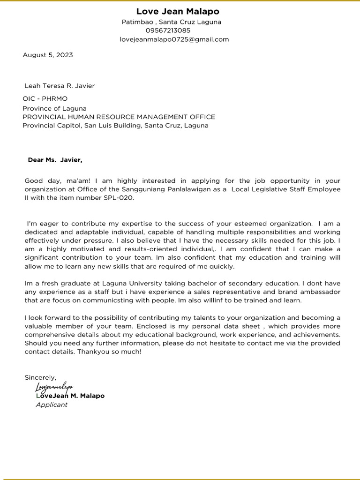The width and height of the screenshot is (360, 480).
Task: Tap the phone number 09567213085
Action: coord(168,30)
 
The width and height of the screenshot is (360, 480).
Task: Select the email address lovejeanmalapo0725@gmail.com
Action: coord(174,39)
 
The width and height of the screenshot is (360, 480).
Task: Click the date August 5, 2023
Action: coord(48,55)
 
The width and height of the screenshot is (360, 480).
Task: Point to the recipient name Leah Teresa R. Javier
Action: coord(60,86)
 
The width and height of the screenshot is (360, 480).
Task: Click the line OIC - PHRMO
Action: coord(45,99)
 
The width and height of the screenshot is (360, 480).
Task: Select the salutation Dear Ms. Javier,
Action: coord(55,160)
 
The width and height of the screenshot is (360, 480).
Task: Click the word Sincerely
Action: coord(40,377)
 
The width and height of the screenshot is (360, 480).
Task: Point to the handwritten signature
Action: coord(54,387)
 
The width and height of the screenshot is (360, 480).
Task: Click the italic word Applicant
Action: coord(52,405)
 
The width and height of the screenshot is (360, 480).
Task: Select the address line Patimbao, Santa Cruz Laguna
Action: coord(171,22)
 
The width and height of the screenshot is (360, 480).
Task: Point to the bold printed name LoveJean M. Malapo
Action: coord(70,396)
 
